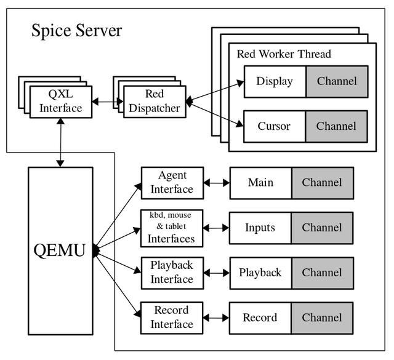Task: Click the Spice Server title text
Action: pos(76,31)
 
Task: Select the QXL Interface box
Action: pos(61,102)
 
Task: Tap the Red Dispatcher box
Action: pos(155,102)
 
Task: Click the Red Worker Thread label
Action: pos(284,54)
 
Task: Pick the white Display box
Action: pos(275,82)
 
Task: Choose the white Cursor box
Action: pos(275,126)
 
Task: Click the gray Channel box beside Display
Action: pos(337,82)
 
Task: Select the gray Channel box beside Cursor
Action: pos(337,126)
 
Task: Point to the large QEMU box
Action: pos(60,250)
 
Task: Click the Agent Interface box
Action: pos(172,183)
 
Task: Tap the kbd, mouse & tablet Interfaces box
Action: pos(172,228)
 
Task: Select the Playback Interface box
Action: pos(172,273)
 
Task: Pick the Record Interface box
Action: pos(172,318)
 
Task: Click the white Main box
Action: pos(261,183)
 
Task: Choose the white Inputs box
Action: pos(260,228)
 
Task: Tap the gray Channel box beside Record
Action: pos(323,318)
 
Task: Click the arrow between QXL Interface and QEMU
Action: pos(60,142)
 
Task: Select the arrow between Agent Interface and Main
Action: pos(217,183)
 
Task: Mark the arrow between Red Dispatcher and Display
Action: pos(215,92)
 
